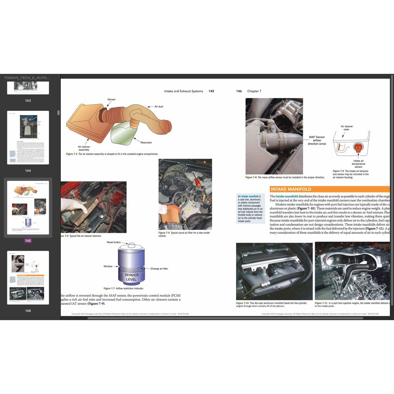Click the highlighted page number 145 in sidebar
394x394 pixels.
click(x=28, y=240)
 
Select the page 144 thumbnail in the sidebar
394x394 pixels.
click(x=28, y=137)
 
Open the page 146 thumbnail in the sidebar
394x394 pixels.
click(x=28, y=277)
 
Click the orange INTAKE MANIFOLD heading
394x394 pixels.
click(x=291, y=189)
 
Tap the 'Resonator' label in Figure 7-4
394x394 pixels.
click(x=146, y=142)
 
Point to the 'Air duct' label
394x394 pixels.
click(x=159, y=106)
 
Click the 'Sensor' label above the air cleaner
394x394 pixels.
click(x=111, y=100)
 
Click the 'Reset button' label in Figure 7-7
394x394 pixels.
click(x=114, y=242)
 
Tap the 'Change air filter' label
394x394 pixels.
click(x=159, y=269)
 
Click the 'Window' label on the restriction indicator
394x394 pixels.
click(x=108, y=266)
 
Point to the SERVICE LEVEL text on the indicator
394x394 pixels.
click(x=131, y=277)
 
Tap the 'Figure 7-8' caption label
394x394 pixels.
click(x=251, y=177)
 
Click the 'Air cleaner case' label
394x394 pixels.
click(x=347, y=128)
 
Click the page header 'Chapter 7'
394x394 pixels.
click(x=254, y=91)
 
